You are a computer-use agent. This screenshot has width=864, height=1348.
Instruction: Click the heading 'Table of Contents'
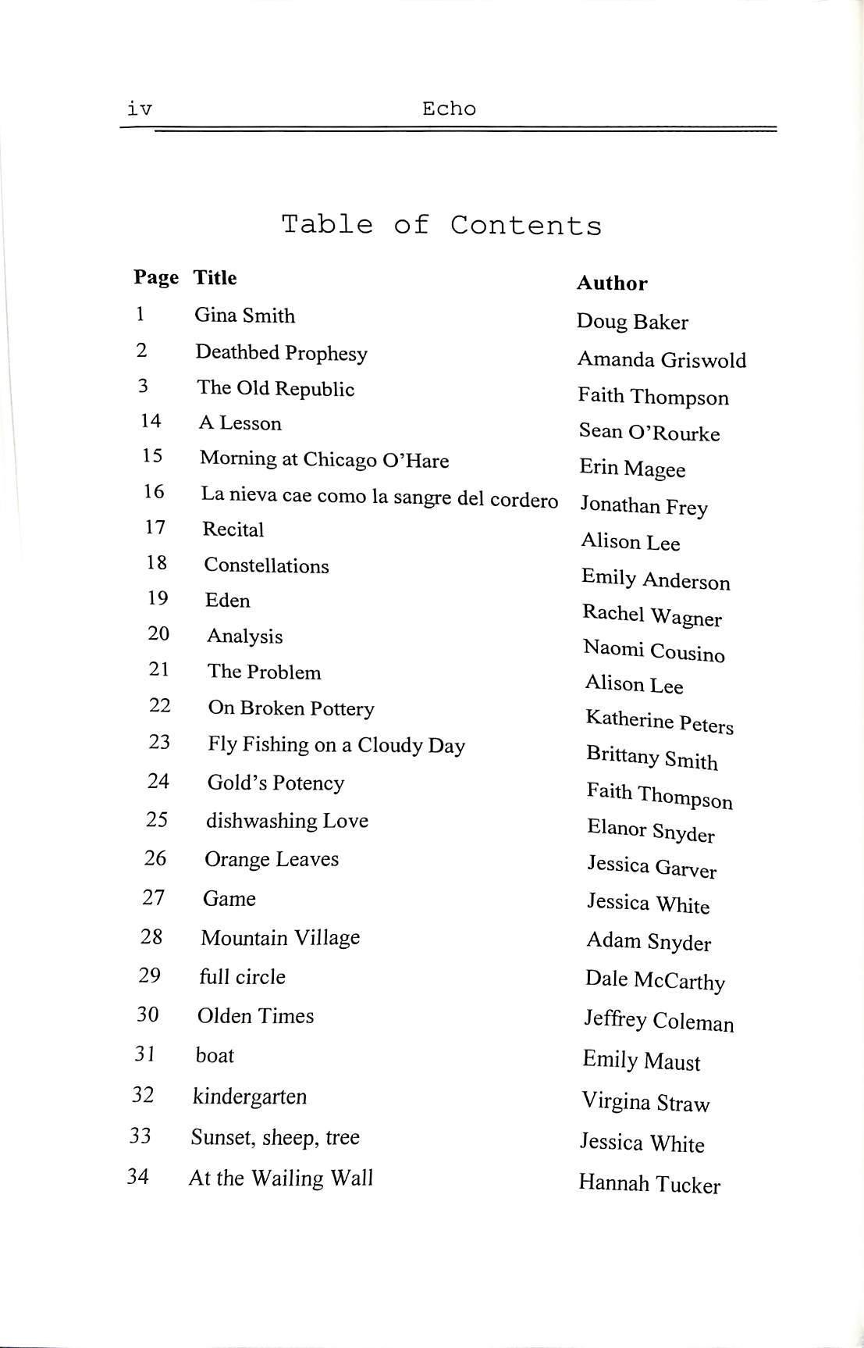[441, 225]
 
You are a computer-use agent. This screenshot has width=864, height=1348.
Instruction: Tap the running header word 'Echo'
[449, 109]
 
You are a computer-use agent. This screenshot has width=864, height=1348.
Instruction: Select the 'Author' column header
[612, 283]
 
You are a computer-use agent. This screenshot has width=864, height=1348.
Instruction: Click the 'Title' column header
[215, 277]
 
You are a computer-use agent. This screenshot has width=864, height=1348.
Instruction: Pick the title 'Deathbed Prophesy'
[281, 353]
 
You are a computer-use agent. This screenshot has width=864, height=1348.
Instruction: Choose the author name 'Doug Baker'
[632, 322]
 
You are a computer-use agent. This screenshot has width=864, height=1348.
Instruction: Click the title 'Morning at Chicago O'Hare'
[324, 459]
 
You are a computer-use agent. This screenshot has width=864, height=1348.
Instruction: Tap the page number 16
[154, 491]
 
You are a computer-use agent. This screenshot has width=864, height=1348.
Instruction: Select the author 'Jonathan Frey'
[643, 506]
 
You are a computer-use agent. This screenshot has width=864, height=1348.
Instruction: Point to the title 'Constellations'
[266, 565]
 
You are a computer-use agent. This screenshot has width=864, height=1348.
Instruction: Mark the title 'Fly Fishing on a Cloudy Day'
[336, 745]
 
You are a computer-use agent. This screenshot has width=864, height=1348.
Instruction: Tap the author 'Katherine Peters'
[660, 722]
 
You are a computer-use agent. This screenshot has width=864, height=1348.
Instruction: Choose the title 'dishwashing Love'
[286, 821]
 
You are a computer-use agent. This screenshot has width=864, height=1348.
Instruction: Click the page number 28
[151, 936]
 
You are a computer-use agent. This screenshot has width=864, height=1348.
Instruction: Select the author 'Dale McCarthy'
[655, 980]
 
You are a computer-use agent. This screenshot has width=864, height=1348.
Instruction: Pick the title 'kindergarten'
[249, 1097]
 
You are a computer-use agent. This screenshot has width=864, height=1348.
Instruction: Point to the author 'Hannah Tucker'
[649, 1184]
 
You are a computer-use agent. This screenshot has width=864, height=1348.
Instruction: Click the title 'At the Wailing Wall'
[281, 1178]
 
